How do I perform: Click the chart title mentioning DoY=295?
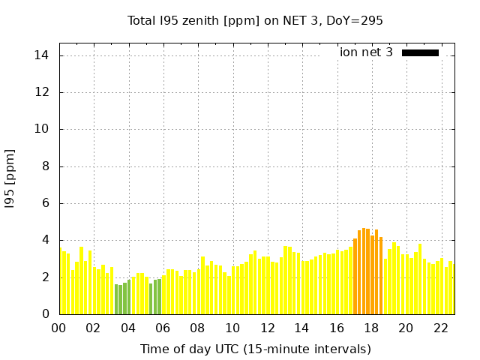coord(255,20)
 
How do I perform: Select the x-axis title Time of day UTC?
coord(255,349)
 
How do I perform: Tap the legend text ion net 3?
coord(366,52)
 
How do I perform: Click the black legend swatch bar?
coord(420,52)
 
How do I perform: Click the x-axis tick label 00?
coord(59,328)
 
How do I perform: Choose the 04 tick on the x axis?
coord(128,328)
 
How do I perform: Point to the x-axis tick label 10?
coord(232,328)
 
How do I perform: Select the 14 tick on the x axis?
coord(301,328)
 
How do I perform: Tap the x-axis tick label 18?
coord(370,328)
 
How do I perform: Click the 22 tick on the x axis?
coord(440,328)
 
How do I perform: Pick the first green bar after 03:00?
coord(116,299)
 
